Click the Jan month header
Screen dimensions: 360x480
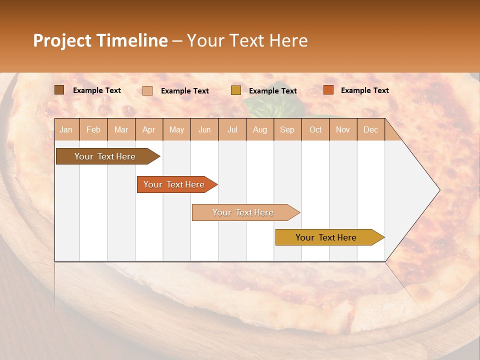click(x=66, y=129)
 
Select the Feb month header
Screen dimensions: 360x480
click(x=93, y=129)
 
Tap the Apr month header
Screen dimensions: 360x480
click(x=148, y=129)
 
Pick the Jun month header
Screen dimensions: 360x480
click(x=204, y=129)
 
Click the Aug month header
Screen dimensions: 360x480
click(x=259, y=129)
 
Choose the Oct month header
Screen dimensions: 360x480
click(x=315, y=129)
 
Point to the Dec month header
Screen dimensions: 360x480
click(x=370, y=129)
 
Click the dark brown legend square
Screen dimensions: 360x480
click(x=59, y=90)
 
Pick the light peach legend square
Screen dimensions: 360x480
click(x=147, y=90)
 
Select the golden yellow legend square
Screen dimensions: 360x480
click(x=236, y=90)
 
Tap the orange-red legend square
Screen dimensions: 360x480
click(x=328, y=90)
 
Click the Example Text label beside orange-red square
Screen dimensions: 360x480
click(x=364, y=90)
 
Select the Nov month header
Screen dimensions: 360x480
click(x=342, y=129)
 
